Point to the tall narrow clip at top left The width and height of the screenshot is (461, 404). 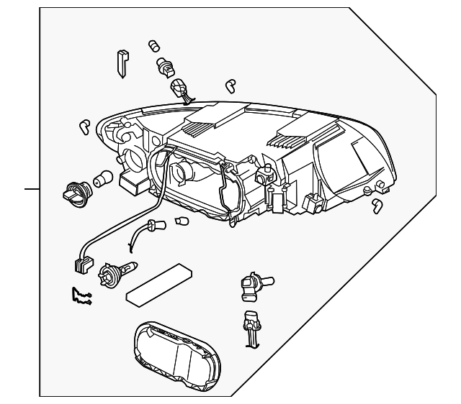point(122,63)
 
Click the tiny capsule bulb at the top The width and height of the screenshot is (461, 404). point(153,47)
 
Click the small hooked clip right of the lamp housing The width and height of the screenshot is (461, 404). point(377,206)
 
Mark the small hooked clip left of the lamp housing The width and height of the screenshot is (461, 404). point(84,127)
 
